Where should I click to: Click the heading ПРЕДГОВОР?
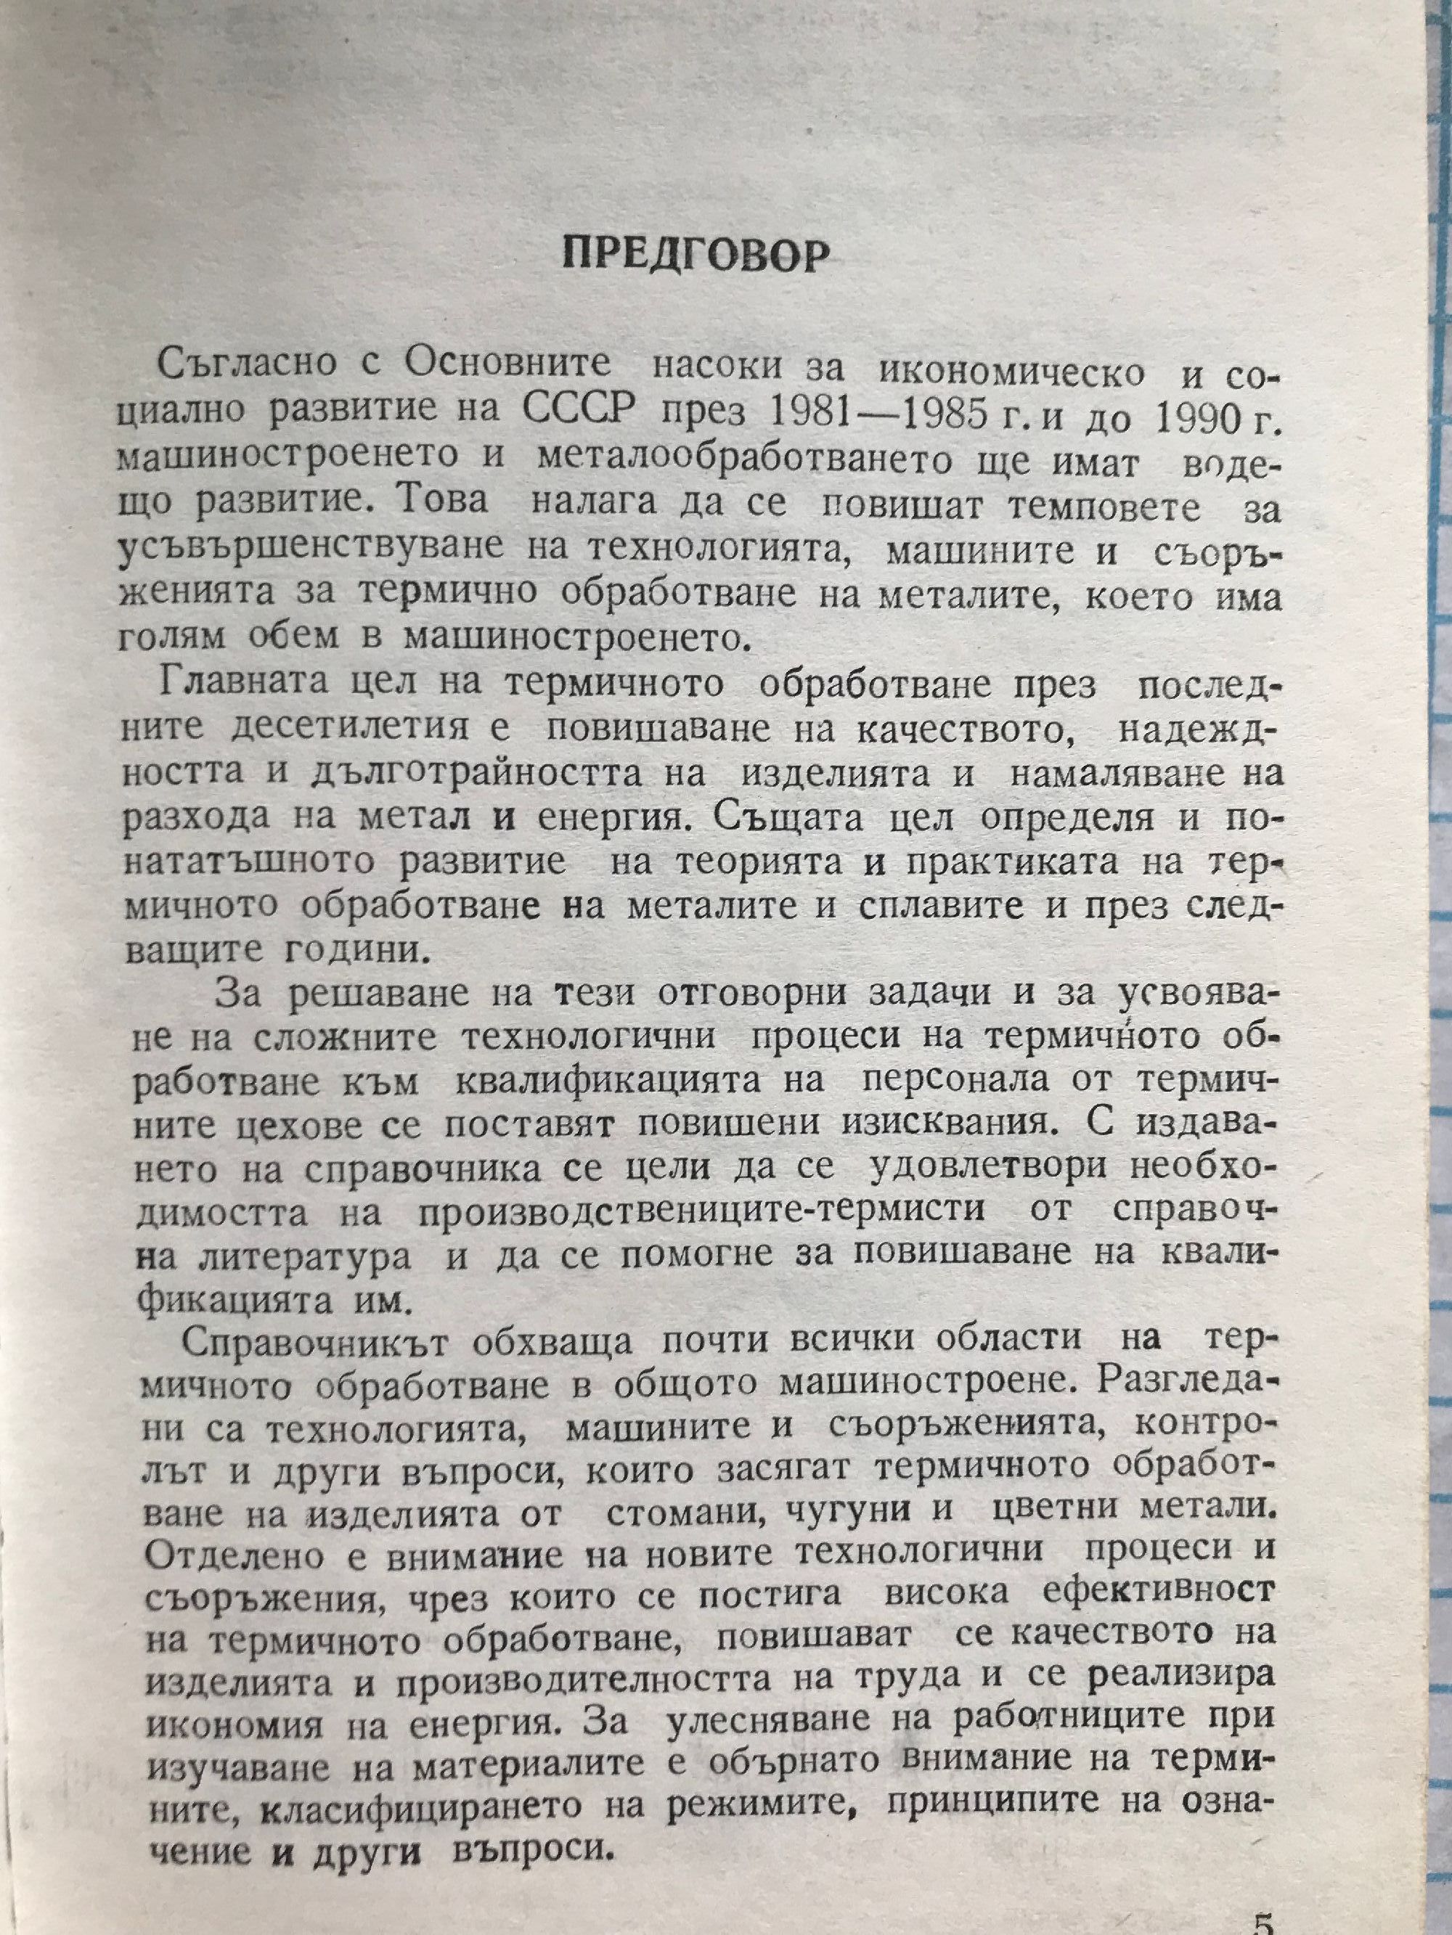[x=695, y=255]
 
